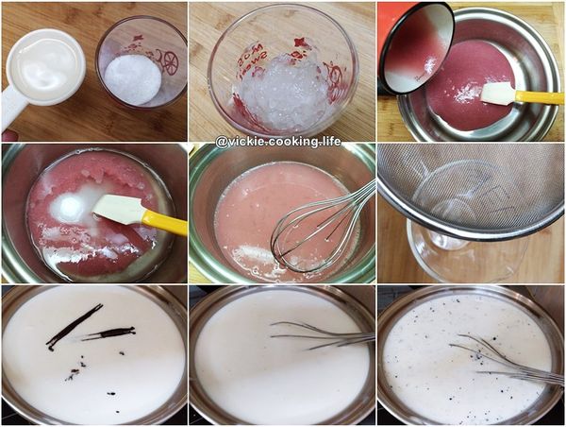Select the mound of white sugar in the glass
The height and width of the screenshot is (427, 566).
coord(132,79)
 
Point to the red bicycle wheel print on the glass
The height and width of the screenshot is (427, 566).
coord(169,62)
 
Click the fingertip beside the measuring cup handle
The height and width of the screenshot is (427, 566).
coord(8,136)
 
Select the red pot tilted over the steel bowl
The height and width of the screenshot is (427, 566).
coord(415,47)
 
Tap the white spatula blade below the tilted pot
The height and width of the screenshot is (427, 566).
coord(497,92)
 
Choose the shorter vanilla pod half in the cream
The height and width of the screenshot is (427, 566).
coord(109,333)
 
